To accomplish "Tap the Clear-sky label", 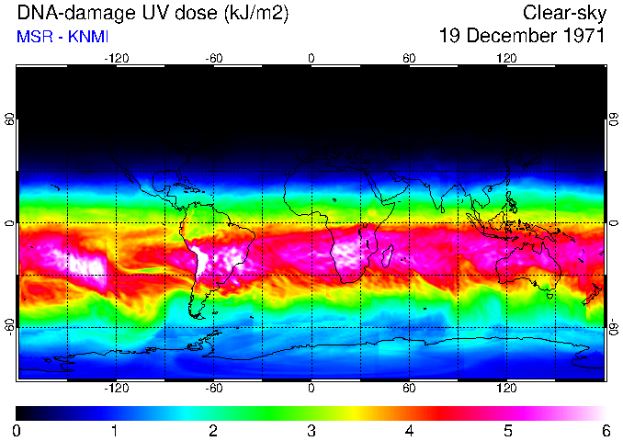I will click(x=563, y=13).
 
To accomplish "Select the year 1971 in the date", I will click(x=581, y=37).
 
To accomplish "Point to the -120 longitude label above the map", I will click(x=116, y=58).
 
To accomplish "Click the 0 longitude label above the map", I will click(x=311, y=58).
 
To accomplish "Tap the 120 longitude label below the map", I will click(x=506, y=388).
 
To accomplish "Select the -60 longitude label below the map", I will click(x=213, y=388).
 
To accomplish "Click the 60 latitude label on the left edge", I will click(x=10, y=120).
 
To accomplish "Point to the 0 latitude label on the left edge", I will click(x=10, y=223).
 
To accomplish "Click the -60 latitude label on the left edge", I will click(x=10, y=325).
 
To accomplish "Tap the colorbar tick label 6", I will click(x=606, y=430).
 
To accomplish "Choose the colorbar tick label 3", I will click(x=311, y=430).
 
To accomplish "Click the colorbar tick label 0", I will click(x=17, y=430).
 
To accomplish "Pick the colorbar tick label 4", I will click(x=409, y=430).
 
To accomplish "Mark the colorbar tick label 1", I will click(x=115, y=430).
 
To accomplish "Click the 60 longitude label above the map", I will click(x=409, y=58).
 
